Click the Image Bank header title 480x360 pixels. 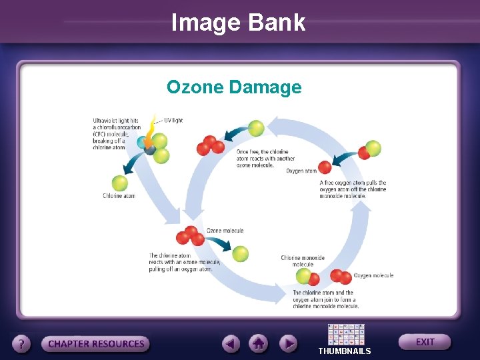238,23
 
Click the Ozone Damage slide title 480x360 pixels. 234,87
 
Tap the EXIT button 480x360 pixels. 425,342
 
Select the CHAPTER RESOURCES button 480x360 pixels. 96,344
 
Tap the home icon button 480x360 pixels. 259,344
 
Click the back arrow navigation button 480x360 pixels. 231,344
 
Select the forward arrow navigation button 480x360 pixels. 287,344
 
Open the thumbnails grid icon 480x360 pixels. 346,334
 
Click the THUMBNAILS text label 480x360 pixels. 345,351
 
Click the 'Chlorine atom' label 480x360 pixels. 119,196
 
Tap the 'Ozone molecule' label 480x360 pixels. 225,231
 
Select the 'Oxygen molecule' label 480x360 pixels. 373,275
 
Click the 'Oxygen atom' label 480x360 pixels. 302,171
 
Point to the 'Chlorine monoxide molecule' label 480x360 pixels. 303,261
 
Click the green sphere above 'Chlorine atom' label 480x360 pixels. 119,182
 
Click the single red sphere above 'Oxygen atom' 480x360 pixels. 325,167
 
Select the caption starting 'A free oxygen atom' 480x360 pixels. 353,189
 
